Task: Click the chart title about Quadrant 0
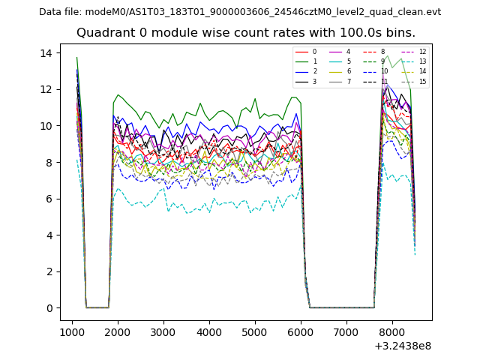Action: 246,33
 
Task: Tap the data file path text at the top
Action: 240,12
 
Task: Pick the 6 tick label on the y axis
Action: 49,199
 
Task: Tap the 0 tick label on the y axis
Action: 49,308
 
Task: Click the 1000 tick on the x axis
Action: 72,331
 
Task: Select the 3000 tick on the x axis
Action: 163,331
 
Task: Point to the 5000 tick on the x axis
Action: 255,331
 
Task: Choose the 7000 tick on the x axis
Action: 346,331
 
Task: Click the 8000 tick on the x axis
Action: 392,331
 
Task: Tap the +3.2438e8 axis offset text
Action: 403,346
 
